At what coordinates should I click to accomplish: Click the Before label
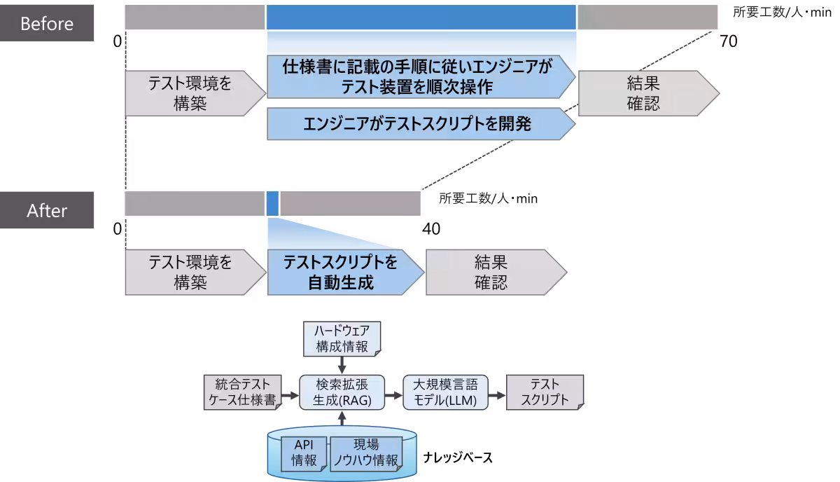[x=47, y=24]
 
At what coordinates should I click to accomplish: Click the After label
[x=47, y=210]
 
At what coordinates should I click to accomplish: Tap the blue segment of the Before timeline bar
[x=421, y=17]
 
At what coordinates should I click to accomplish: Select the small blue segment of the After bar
[x=272, y=203]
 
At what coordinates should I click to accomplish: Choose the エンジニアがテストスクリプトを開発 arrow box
[x=419, y=124]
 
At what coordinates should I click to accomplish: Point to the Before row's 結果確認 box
[x=643, y=94]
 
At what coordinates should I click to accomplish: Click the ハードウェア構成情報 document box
[x=342, y=338]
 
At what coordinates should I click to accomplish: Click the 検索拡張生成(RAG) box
[x=342, y=392]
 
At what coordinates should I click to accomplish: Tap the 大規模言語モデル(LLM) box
[x=445, y=392]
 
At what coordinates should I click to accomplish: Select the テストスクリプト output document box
[x=545, y=392]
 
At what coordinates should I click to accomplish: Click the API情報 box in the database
[x=304, y=453]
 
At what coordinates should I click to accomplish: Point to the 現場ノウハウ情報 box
[x=366, y=453]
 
